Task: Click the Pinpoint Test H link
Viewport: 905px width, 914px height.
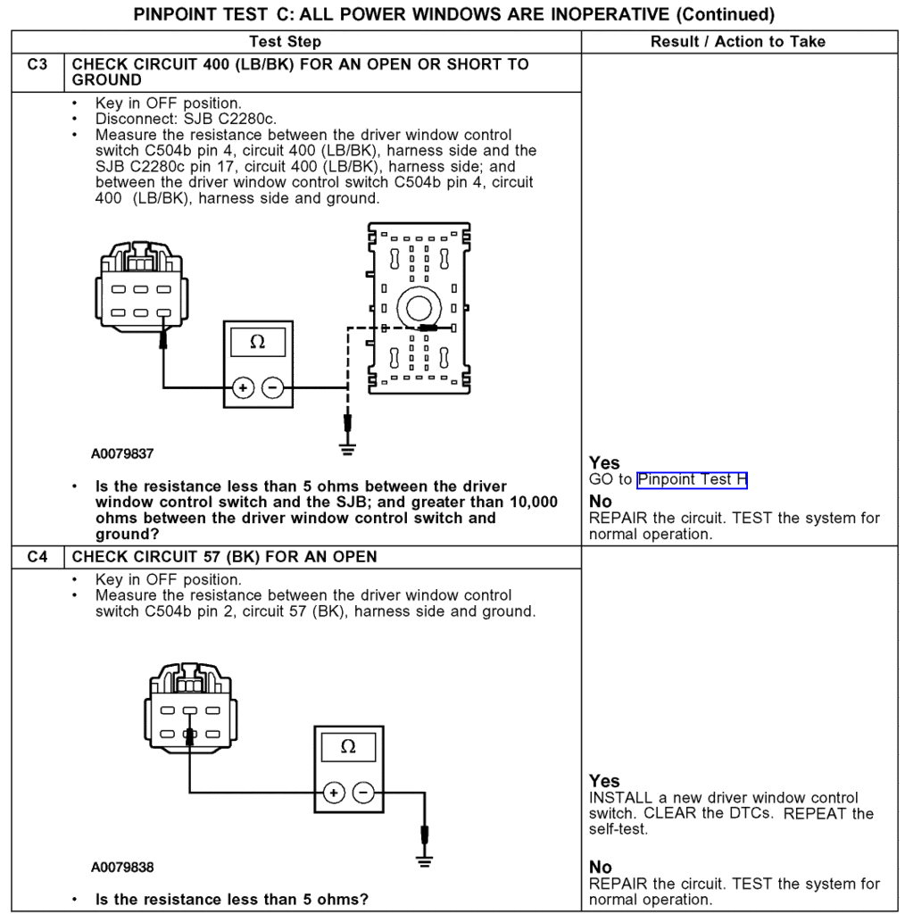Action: (x=692, y=479)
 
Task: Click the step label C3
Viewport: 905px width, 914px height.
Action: (x=37, y=64)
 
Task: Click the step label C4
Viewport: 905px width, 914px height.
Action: (x=37, y=557)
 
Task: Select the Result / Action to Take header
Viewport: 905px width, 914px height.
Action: (x=737, y=42)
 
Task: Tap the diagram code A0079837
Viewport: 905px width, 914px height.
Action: (x=122, y=453)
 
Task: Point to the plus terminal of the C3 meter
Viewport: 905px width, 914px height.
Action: (x=242, y=388)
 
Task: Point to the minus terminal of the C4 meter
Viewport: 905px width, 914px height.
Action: (x=364, y=791)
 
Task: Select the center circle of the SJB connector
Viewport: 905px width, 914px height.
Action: (x=419, y=309)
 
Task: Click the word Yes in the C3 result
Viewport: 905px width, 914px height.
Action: (x=604, y=463)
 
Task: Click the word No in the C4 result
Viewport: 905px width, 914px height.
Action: (x=601, y=868)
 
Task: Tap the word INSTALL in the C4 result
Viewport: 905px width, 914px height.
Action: (x=621, y=797)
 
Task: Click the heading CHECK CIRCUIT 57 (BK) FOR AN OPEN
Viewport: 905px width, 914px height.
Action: (x=224, y=557)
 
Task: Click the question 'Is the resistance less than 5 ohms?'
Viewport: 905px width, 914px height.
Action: (x=231, y=899)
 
